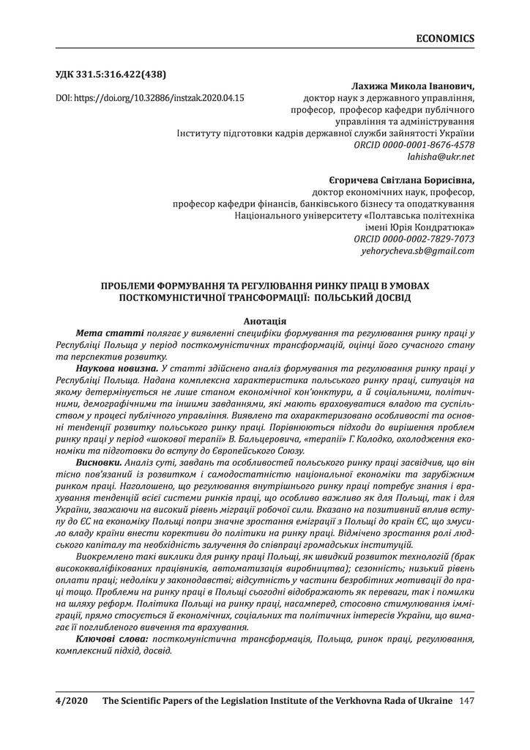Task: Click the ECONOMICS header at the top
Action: pos(444,38)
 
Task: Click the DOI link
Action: pos(150,97)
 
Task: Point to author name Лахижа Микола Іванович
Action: pos(413,86)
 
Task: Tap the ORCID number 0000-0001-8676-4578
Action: pos(414,145)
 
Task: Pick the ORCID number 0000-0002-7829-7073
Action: pos(414,239)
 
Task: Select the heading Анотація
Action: pos(264,321)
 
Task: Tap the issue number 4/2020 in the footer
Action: pos(72,702)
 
